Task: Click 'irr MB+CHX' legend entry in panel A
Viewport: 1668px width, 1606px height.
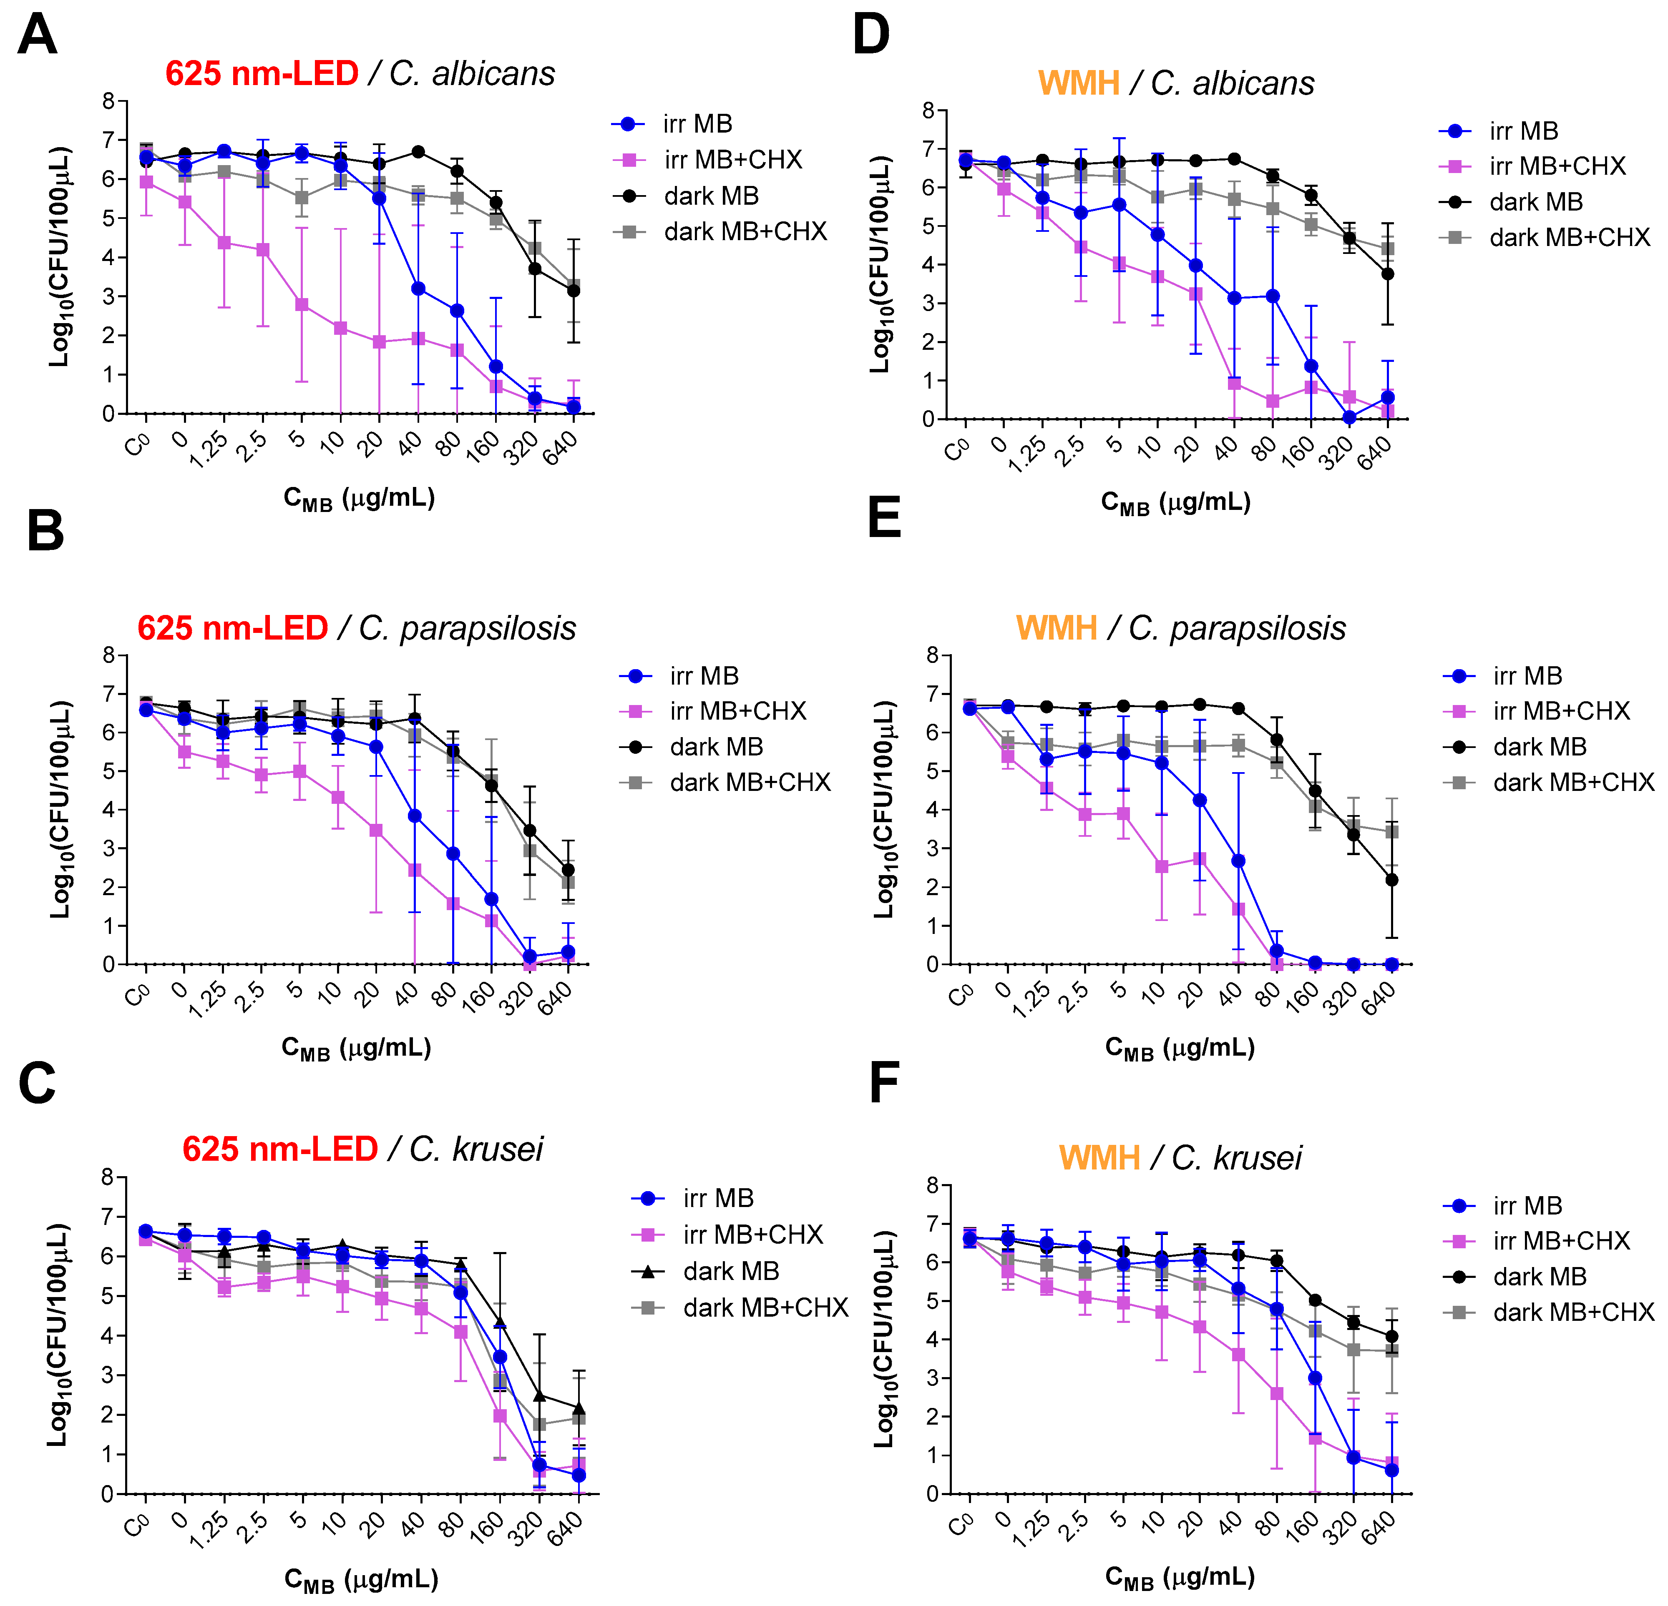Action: (732, 160)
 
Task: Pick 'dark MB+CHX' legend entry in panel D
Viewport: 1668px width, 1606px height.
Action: (1568, 237)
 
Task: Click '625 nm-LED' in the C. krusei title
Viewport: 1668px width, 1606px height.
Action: (280, 1149)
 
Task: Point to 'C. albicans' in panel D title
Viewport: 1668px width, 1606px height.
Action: (1232, 83)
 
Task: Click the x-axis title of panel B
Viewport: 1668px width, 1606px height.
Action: (356, 1048)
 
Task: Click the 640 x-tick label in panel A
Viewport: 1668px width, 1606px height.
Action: (561, 448)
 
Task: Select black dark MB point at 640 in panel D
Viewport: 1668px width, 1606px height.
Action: (1388, 274)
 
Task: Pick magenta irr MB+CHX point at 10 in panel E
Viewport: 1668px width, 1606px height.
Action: (1162, 867)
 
